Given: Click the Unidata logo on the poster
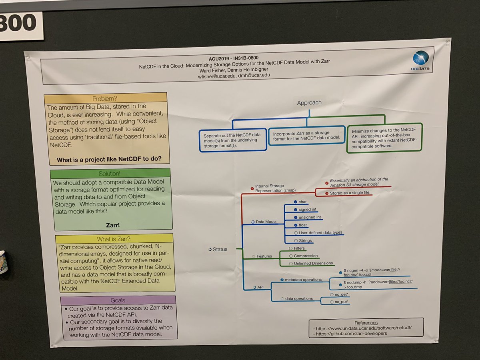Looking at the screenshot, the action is pos(421,60).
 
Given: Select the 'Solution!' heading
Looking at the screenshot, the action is pos(110,174).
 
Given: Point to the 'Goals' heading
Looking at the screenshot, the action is pos(118,300).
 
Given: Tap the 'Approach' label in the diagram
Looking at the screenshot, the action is pos(309,103).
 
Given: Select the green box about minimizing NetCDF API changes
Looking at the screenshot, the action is pos(384,137).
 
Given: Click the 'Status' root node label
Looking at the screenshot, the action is pos(220,249).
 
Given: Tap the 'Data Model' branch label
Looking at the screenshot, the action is pos(266,222).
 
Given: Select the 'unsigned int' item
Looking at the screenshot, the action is pos(310,217).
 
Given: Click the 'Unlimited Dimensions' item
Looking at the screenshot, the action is pos(313,263).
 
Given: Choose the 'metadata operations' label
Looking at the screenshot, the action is pos(303,279).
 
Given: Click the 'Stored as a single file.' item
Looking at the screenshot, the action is pos(350,193).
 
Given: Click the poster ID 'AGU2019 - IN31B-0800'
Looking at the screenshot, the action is pos(236,58).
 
